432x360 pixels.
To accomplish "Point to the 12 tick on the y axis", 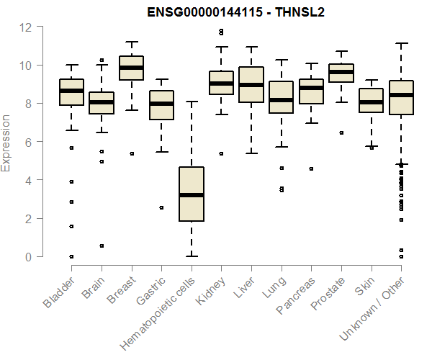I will click(x=27, y=27).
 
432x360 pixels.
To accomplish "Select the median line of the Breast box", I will click(x=131, y=68).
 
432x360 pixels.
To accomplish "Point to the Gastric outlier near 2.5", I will click(x=161, y=207).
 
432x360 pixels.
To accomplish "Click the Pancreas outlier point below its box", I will click(x=311, y=168).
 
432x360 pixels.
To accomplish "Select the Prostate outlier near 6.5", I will click(x=341, y=132).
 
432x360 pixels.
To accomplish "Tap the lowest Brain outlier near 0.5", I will click(x=102, y=246).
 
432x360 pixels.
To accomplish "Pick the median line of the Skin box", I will click(x=371, y=102).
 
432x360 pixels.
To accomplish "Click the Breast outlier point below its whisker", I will click(x=131, y=153).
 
